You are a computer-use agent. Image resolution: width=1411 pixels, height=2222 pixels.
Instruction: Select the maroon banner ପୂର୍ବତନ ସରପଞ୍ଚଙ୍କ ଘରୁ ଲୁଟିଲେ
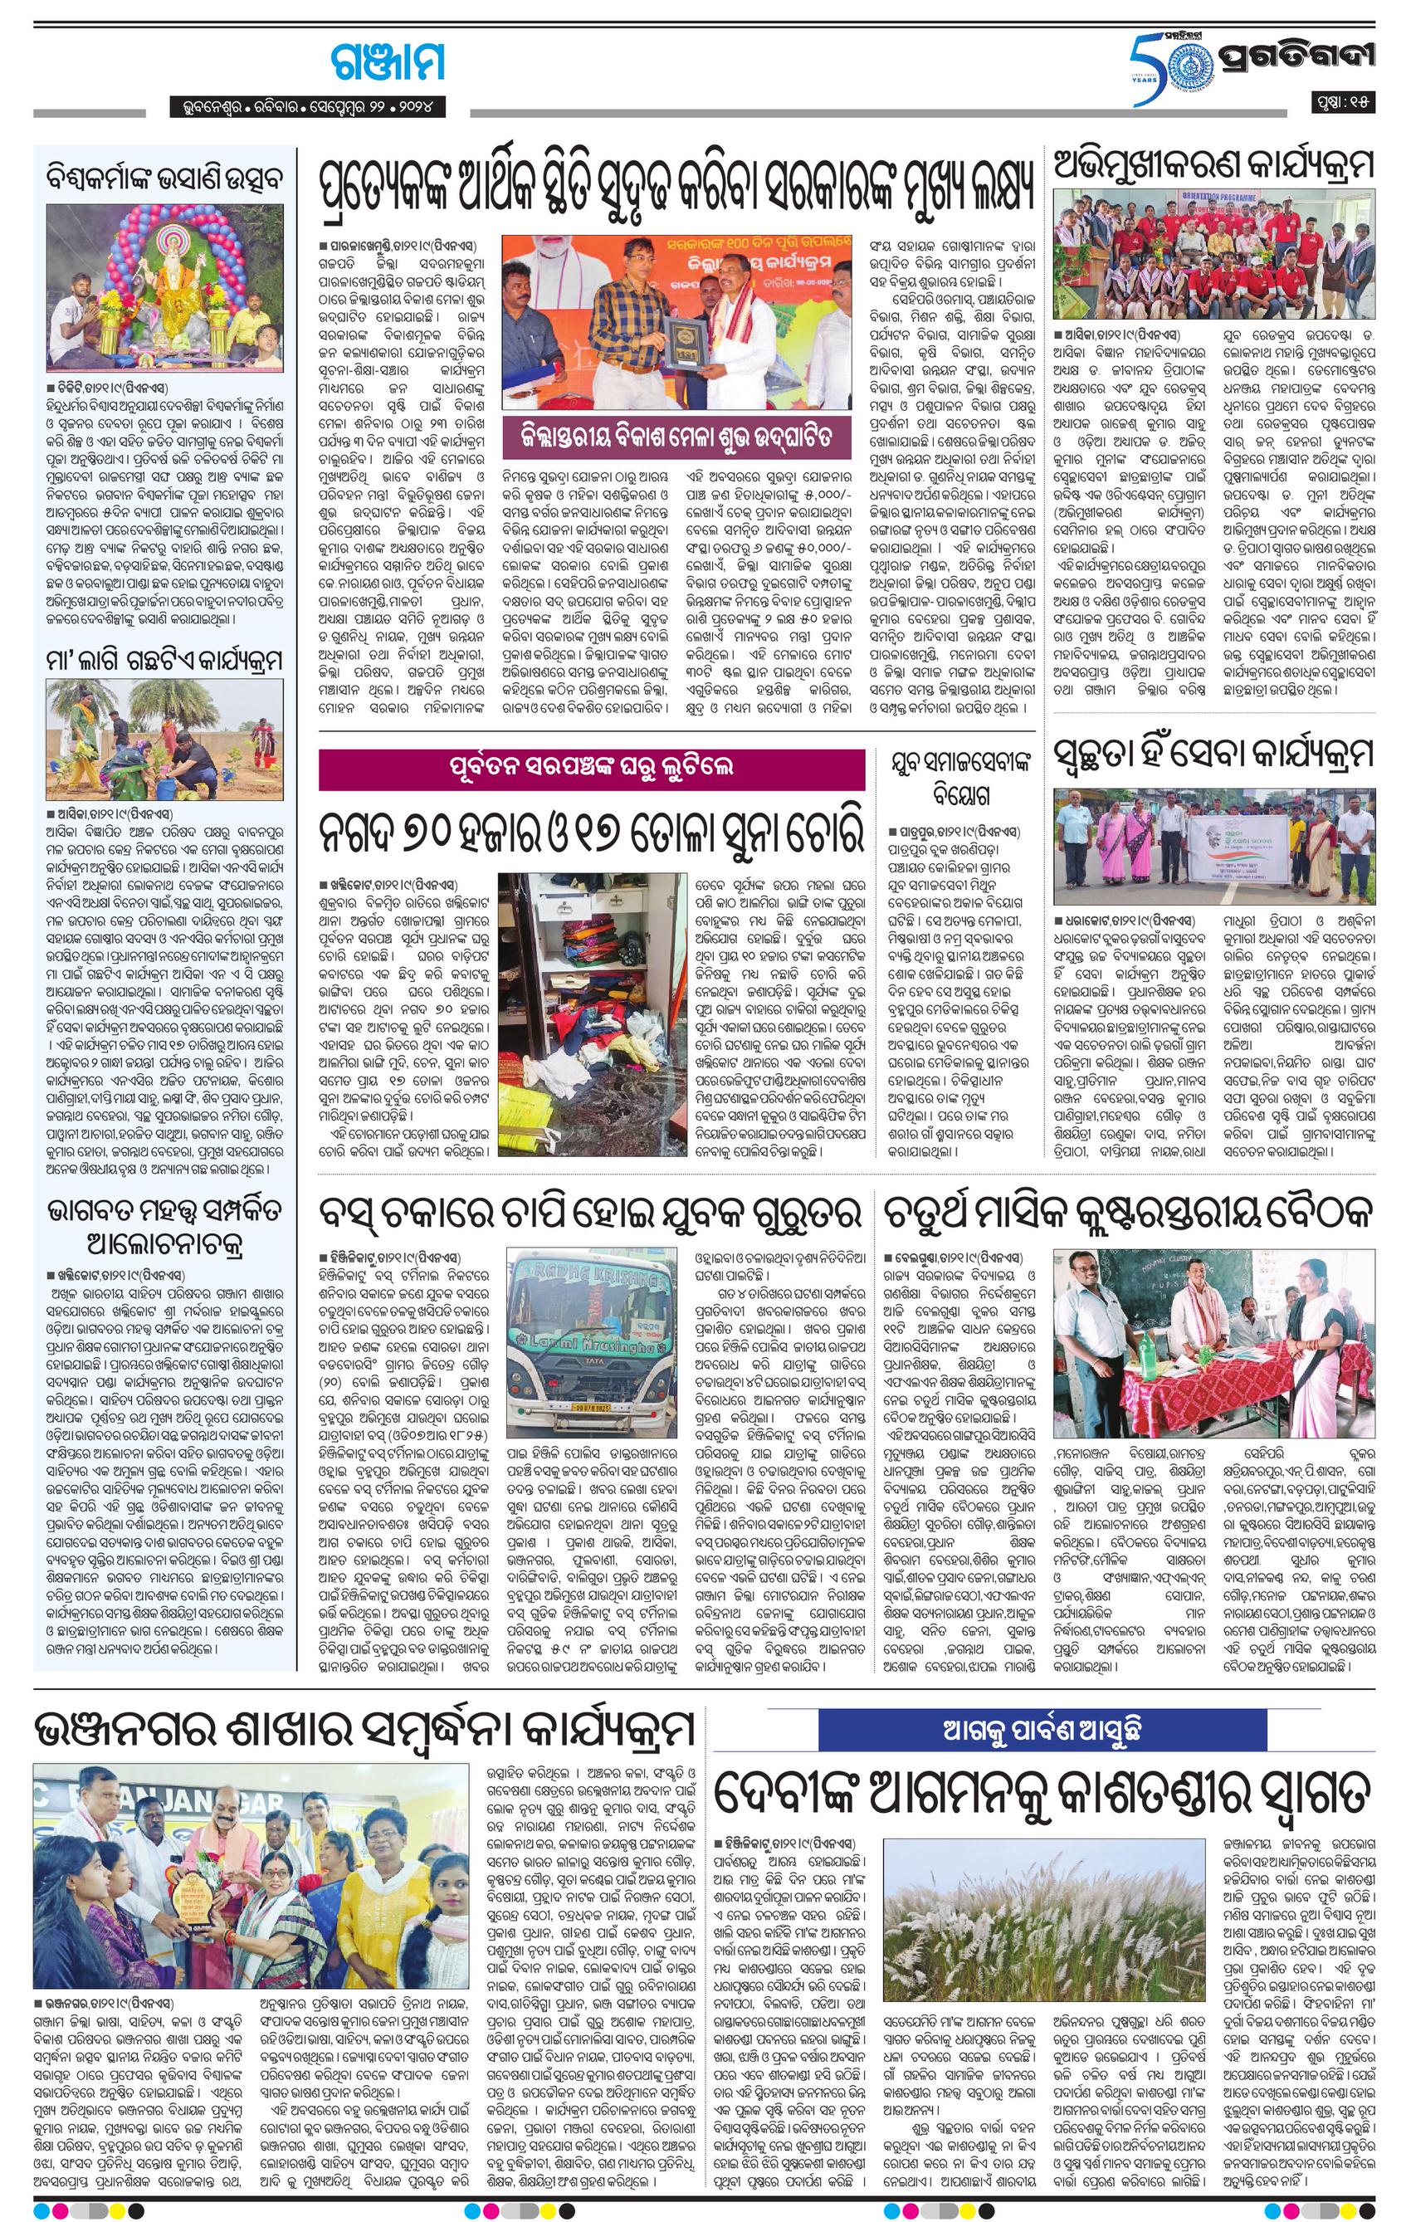(x=592, y=768)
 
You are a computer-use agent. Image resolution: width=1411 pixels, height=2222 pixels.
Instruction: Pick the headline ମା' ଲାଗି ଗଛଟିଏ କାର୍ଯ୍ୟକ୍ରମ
(x=165, y=659)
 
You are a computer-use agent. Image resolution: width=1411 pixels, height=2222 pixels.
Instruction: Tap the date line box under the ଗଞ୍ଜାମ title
(x=308, y=107)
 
